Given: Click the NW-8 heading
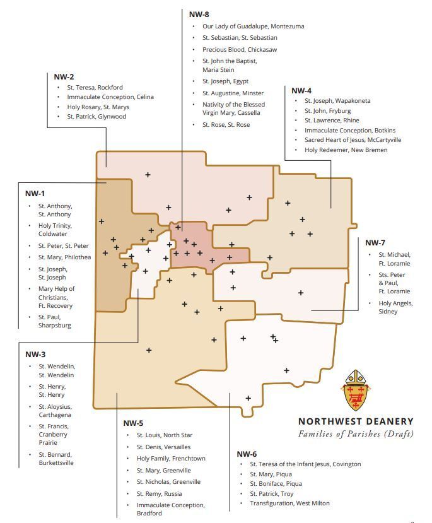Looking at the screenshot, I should click(x=199, y=14).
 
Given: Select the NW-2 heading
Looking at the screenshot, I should click(x=64, y=77).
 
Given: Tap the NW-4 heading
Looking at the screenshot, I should click(x=301, y=91).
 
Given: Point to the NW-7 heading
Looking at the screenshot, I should click(x=375, y=243).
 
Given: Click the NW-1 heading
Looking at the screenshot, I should click(x=35, y=194).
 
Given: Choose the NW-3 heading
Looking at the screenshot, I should click(x=35, y=355).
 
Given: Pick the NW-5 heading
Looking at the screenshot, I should click(x=133, y=423).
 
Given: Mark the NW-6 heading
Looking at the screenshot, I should click(x=247, y=454).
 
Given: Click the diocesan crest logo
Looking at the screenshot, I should click(x=354, y=391).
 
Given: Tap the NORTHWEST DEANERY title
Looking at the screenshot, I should click(x=356, y=421).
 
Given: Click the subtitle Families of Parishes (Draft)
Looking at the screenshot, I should click(x=356, y=433).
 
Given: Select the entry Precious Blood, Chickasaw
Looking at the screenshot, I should click(x=239, y=49).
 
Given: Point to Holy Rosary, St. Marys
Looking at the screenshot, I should click(x=97, y=107).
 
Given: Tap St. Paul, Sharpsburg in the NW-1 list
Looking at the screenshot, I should click(x=54, y=321).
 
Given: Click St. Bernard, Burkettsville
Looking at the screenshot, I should click(x=55, y=459).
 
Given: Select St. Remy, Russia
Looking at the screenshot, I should click(x=159, y=493).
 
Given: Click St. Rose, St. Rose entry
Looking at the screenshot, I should click(x=226, y=125).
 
